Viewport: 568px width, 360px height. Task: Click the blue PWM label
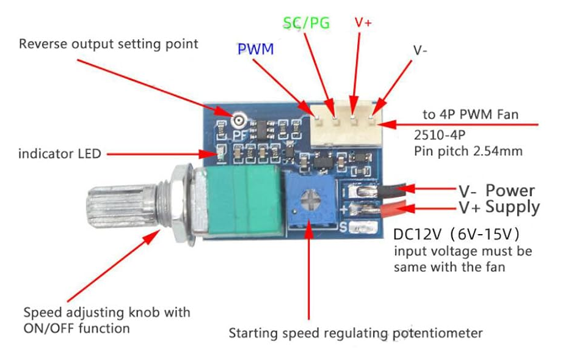[255, 50]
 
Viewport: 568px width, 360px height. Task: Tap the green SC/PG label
[306, 23]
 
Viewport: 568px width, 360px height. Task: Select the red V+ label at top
[363, 22]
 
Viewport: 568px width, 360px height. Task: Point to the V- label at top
[420, 51]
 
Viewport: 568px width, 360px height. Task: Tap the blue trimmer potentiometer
[309, 199]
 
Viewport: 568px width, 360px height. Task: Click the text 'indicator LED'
[59, 153]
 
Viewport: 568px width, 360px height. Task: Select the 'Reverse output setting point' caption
[109, 44]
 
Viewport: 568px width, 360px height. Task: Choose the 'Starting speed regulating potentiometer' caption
[355, 334]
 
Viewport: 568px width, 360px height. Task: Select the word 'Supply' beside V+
[512, 207]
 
